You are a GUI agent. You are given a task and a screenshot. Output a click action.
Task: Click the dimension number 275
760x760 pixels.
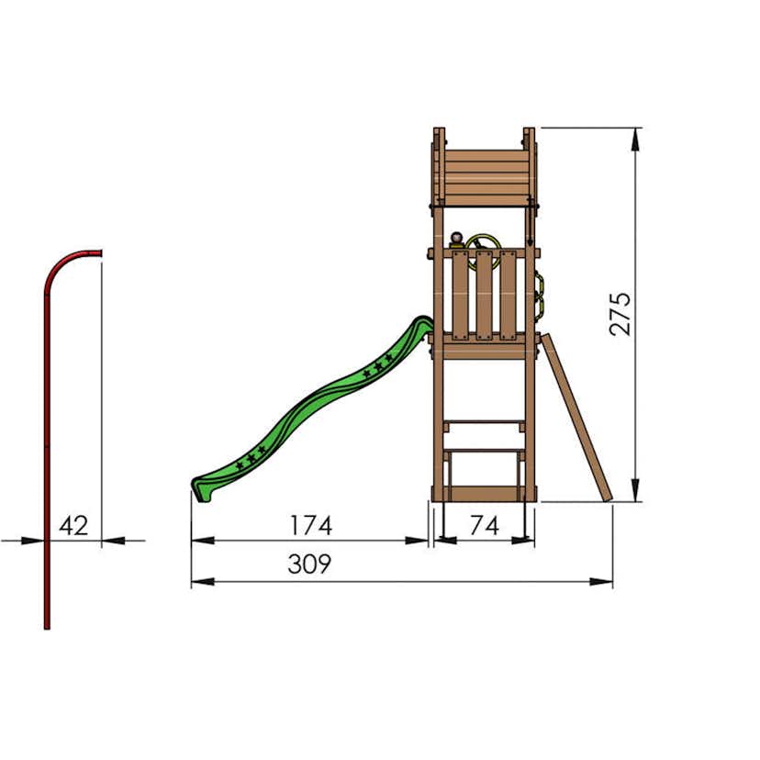click(621, 313)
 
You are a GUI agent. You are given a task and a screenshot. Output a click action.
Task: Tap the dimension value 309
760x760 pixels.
click(309, 564)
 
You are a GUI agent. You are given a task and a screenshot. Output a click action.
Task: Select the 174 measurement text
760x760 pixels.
click(311, 526)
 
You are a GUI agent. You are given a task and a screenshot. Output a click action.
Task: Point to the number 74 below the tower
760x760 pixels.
click(484, 526)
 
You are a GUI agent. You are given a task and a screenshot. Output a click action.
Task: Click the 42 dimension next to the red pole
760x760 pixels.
click(73, 526)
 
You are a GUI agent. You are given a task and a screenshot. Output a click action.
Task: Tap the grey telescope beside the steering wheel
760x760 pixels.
click(457, 240)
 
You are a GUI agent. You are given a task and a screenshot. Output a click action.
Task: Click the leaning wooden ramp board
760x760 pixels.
click(576, 418)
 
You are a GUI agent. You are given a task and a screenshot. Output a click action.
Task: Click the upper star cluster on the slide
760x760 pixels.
click(376, 369)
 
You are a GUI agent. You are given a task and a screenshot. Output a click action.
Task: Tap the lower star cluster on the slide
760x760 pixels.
click(252, 453)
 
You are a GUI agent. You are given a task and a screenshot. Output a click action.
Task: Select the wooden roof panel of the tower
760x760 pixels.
click(484, 174)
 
